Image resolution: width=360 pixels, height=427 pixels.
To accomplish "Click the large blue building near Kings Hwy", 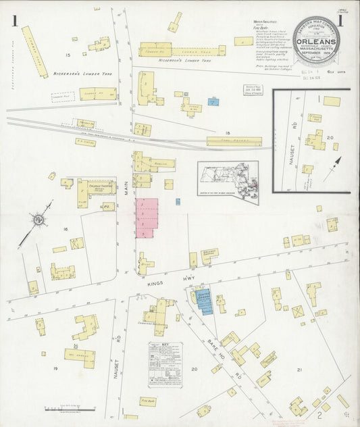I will [204, 301].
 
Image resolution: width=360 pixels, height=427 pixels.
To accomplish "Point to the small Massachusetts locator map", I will [228, 178].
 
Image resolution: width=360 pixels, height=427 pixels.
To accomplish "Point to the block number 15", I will [68, 53].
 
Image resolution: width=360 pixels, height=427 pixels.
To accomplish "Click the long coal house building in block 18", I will [234, 141].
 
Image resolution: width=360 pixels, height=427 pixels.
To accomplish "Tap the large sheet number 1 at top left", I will [15, 22].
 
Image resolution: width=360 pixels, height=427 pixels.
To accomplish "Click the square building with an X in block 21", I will [297, 311].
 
